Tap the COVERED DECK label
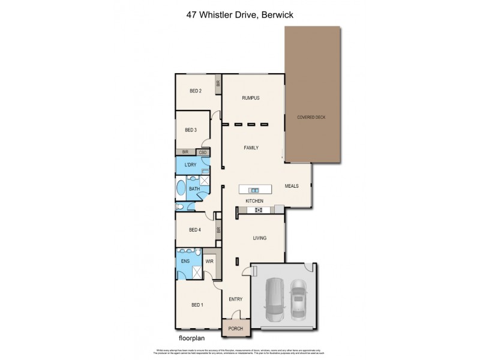(311, 117)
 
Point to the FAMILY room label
(251, 147)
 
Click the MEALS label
(292, 186)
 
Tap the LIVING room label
(258, 238)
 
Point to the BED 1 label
(197, 305)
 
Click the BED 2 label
(195, 91)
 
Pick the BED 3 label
(191, 130)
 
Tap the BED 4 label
(194, 229)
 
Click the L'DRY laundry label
(191, 165)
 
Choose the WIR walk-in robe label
(209, 262)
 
